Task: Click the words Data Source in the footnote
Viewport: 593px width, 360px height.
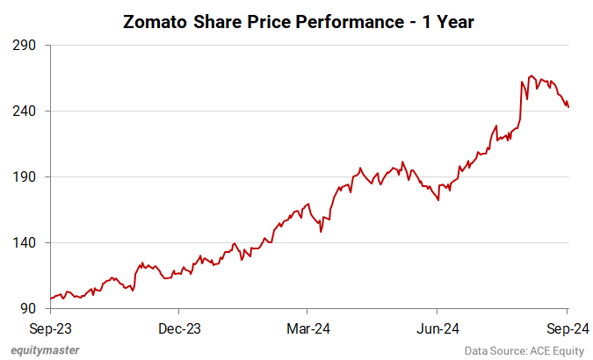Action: [x=495, y=350]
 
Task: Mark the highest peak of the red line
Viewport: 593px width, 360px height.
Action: [x=532, y=76]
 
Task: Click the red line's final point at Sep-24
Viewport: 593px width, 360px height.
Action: [x=568, y=107]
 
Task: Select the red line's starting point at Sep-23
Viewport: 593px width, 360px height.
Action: [x=51, y=299]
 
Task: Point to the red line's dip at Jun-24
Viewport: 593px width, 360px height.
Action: [x=438, y=200]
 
